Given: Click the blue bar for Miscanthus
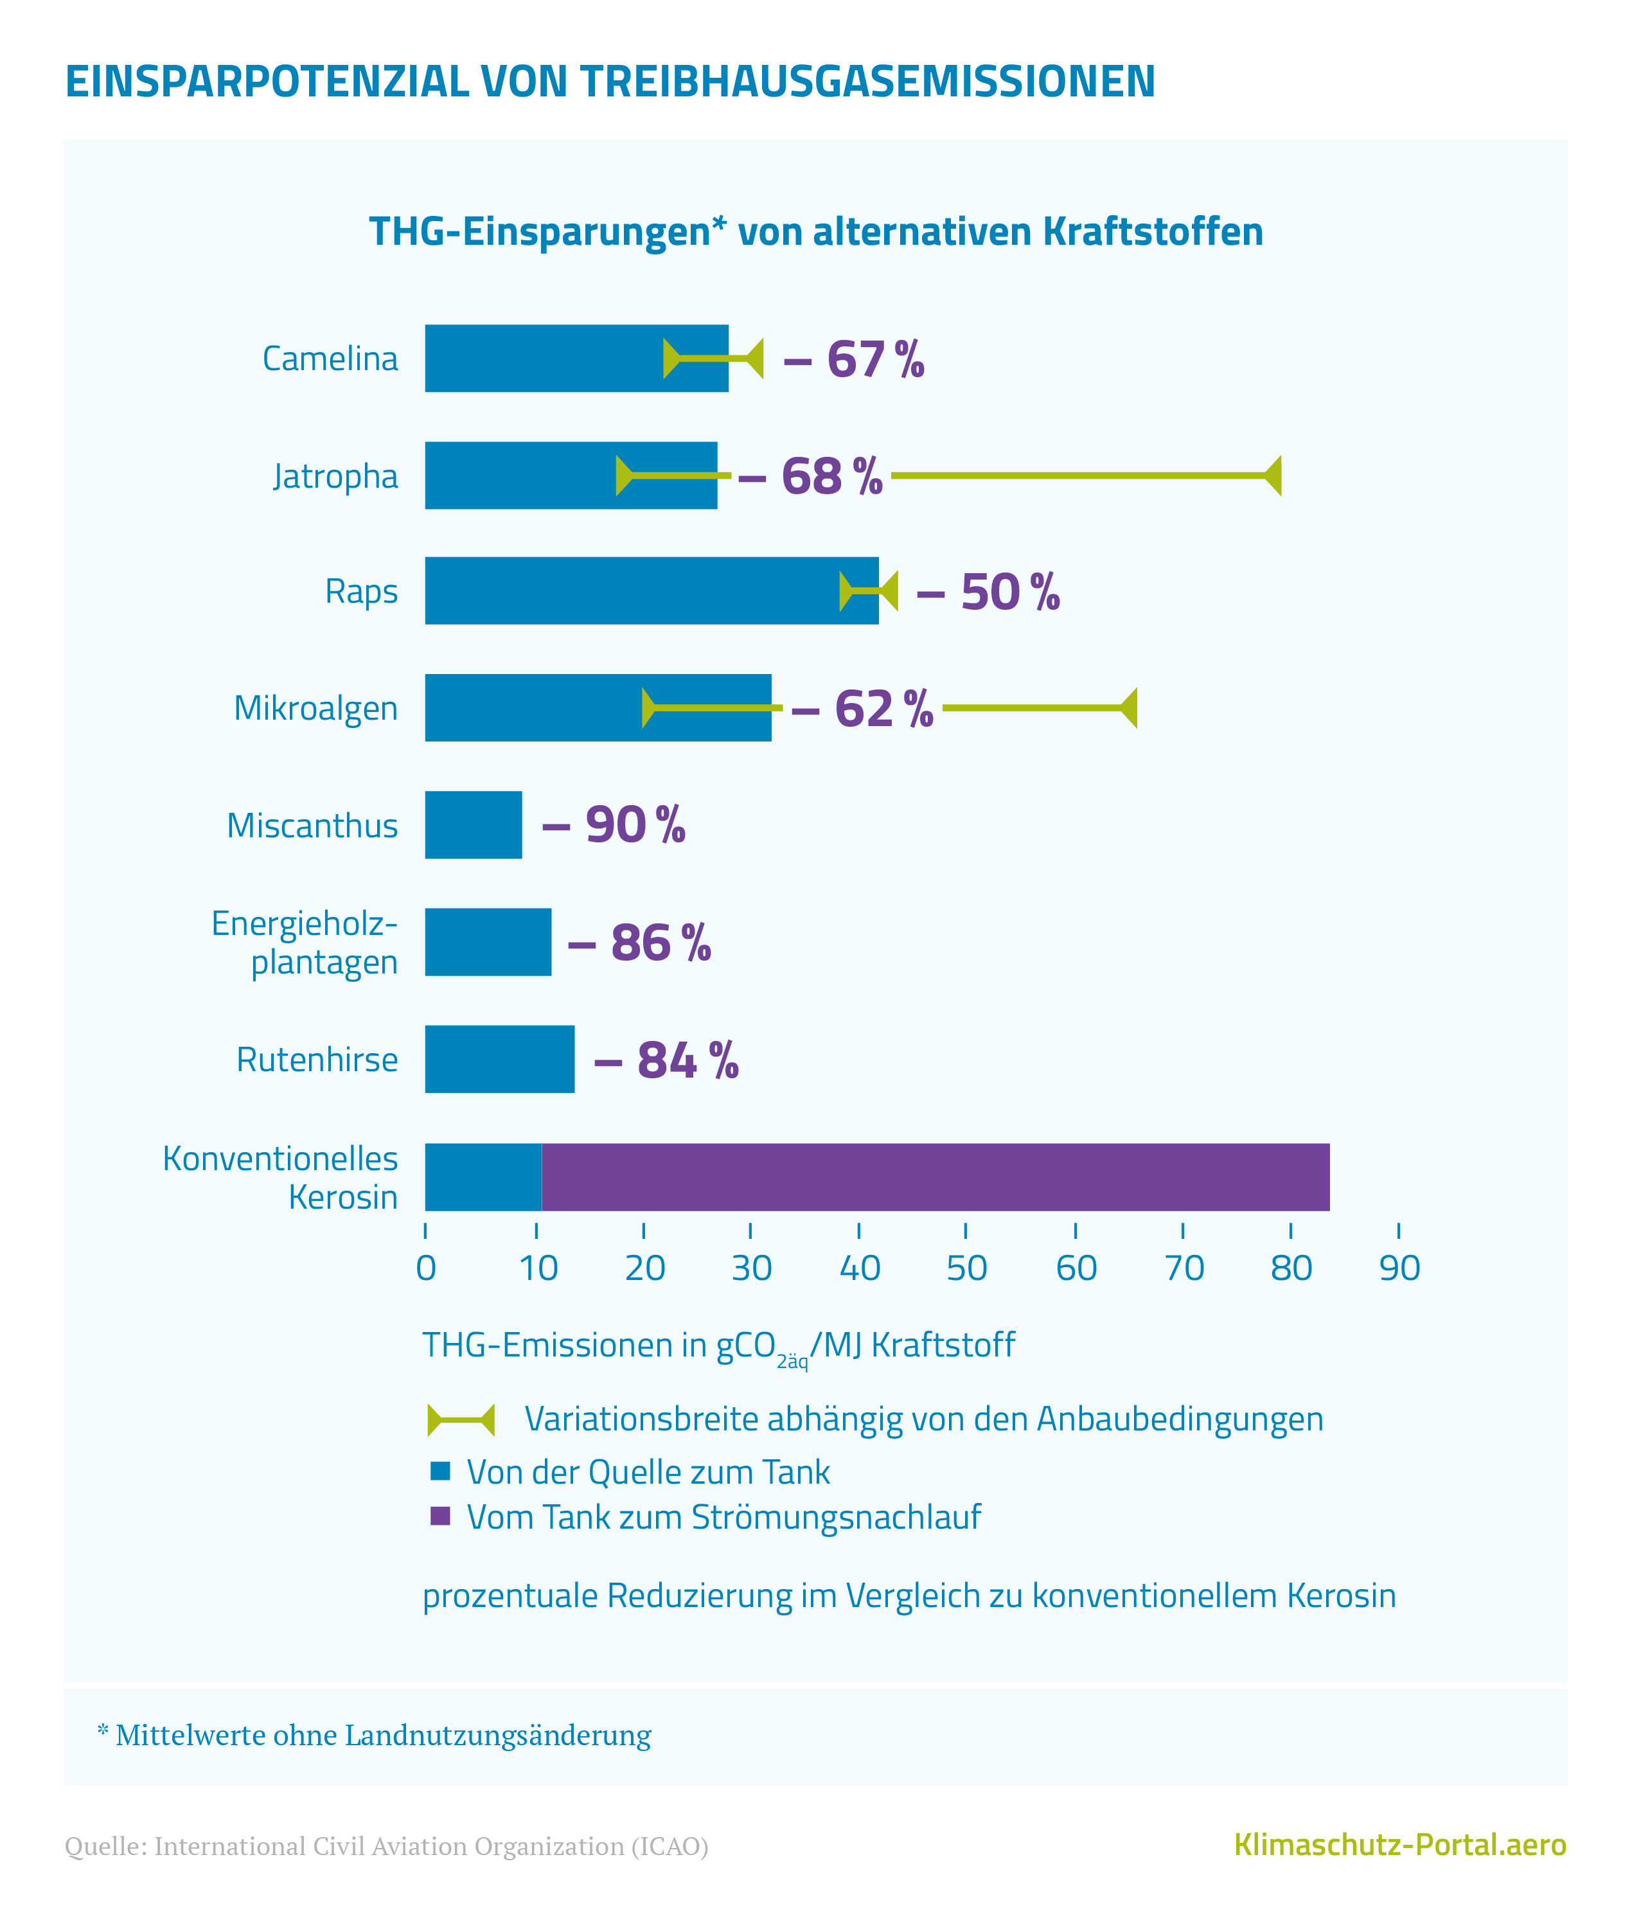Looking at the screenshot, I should [473, 824].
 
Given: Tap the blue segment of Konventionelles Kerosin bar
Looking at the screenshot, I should [483, 1177].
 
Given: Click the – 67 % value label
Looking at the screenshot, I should [853, 359].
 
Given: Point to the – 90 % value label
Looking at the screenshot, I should [614, 824].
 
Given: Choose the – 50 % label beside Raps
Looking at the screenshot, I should [987, 592].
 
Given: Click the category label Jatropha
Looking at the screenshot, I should [335, 476].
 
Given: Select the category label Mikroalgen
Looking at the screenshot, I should [315, 708].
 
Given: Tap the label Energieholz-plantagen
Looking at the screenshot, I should [305, 942].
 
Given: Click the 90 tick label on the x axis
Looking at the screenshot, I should [1399, 1268].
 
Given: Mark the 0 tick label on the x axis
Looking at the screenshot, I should [425, 1268].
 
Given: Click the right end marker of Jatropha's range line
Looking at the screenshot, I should [1274, 476].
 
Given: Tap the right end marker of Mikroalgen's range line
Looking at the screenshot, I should [1130, 708].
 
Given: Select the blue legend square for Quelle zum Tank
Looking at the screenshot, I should [440, 1471].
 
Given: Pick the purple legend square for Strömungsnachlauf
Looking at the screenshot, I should [440, 1516].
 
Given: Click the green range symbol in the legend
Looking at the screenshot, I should [461, 1419].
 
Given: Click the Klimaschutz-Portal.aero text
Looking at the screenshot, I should [1400, 1844].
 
